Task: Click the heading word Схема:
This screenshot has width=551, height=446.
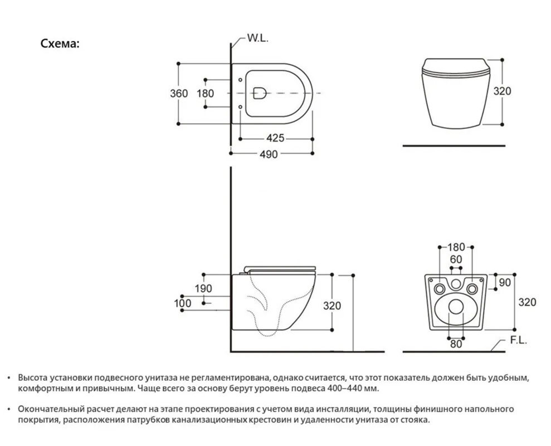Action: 60,43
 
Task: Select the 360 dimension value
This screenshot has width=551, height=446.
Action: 179,93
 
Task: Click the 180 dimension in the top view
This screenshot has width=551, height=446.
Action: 205,93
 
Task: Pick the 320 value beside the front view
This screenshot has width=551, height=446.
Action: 502,91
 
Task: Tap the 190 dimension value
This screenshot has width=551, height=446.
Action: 203,288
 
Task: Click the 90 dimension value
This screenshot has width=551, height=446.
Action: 505,283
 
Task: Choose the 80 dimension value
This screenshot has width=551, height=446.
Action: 456,343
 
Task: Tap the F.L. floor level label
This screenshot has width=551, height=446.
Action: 518,340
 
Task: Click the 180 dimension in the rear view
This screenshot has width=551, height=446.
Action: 456,246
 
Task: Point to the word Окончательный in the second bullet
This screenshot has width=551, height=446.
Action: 49,409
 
